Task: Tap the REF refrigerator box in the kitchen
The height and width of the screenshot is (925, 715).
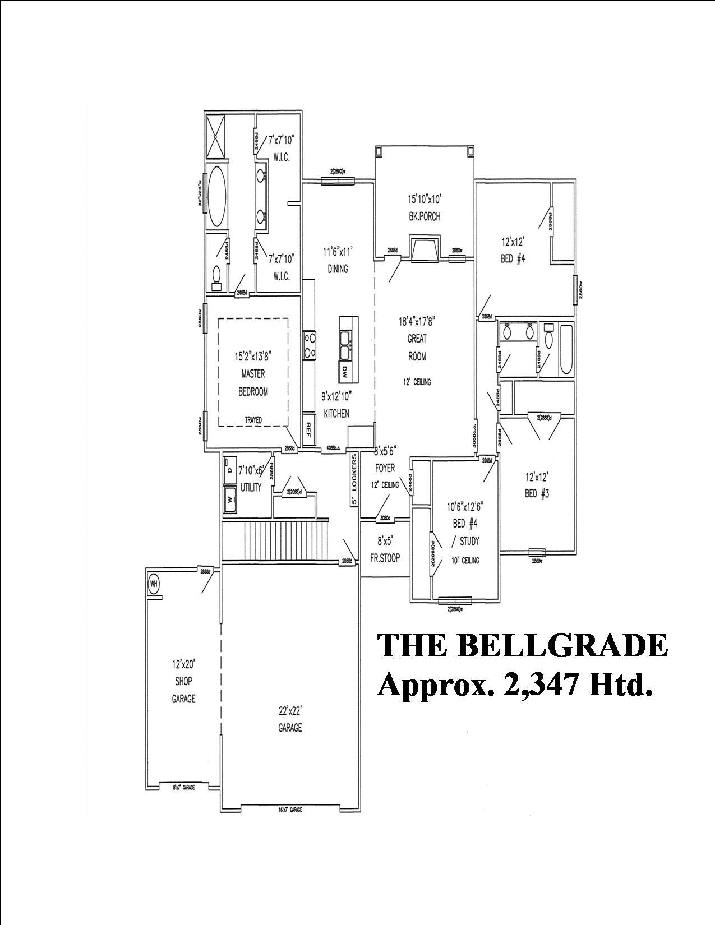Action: tap(308, 428)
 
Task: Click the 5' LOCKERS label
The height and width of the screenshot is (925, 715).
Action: tap(354, 479)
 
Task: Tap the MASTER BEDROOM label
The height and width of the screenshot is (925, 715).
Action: tap(253, 383)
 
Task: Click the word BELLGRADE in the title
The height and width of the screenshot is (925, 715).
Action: tap(562, 646)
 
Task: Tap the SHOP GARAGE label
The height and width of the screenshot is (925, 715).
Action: tap(183, 690)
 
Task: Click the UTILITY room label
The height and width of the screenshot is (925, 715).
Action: tap(251, 488)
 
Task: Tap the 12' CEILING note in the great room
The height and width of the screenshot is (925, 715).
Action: tap(416, 382)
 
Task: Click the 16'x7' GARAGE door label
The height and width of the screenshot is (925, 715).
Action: tap(290, 810)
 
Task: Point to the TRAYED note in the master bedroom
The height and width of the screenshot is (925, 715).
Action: tap(253, 420)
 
